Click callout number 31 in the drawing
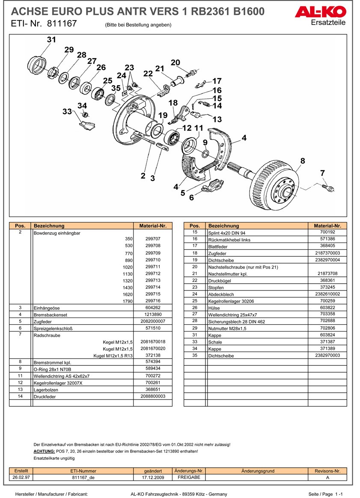coord(51,40)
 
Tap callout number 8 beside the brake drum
coord(303,161)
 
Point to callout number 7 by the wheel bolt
coord(322,173)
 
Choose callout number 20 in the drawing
coord(175,62)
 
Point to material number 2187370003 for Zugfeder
coord(327,253)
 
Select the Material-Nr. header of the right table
coord(327,225)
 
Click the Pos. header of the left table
coord(20,225)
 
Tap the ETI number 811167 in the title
coord(62,24)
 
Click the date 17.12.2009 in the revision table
coord(153,477)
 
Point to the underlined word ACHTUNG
coord(44,451)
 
